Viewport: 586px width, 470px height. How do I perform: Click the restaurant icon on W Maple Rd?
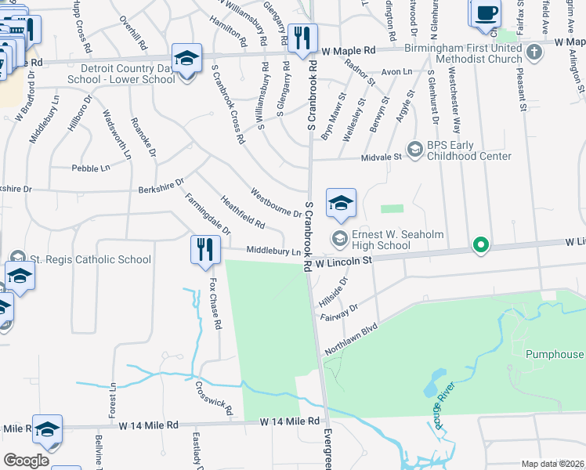[301, 38]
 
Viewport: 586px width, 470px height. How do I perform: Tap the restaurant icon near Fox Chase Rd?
[202, 249]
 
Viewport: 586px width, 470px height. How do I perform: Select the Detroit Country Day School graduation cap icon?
[186, 60]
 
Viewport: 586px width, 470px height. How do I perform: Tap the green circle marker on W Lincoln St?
[481, 246]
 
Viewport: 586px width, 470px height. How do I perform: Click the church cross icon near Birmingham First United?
[534, 52]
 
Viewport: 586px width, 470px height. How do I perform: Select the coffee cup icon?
[486, 13]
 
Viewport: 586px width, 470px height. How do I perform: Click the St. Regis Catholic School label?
[90, 259]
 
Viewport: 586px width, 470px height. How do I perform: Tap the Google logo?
[26, 461]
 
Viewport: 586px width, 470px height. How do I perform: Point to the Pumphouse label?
[555, 354]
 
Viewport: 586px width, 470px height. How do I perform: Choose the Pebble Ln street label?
[90, 168]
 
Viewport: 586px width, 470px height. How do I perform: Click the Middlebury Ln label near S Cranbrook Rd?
[273, 251]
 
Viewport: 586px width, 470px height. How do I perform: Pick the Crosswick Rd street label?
[215, 398]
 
